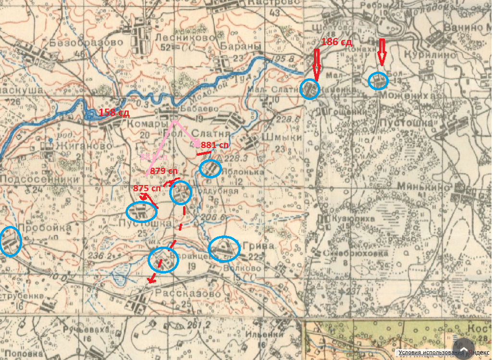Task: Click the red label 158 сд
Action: pyautogui.click(x=114, y=113)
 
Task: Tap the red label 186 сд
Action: pyautogui.click(x=336, y=42)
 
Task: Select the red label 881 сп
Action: pyautogui.click(x=215, y=145)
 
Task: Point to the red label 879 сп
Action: pyautogui.click(x=164, y=171)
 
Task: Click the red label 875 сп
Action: pyautogui.click(x=147, y=188)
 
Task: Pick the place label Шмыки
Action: pyautogui.click(x=282, y=137)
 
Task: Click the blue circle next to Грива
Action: pyautogui.click(x=224, y=249)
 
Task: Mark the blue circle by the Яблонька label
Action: pyautogui.click(x=210, y=169)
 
